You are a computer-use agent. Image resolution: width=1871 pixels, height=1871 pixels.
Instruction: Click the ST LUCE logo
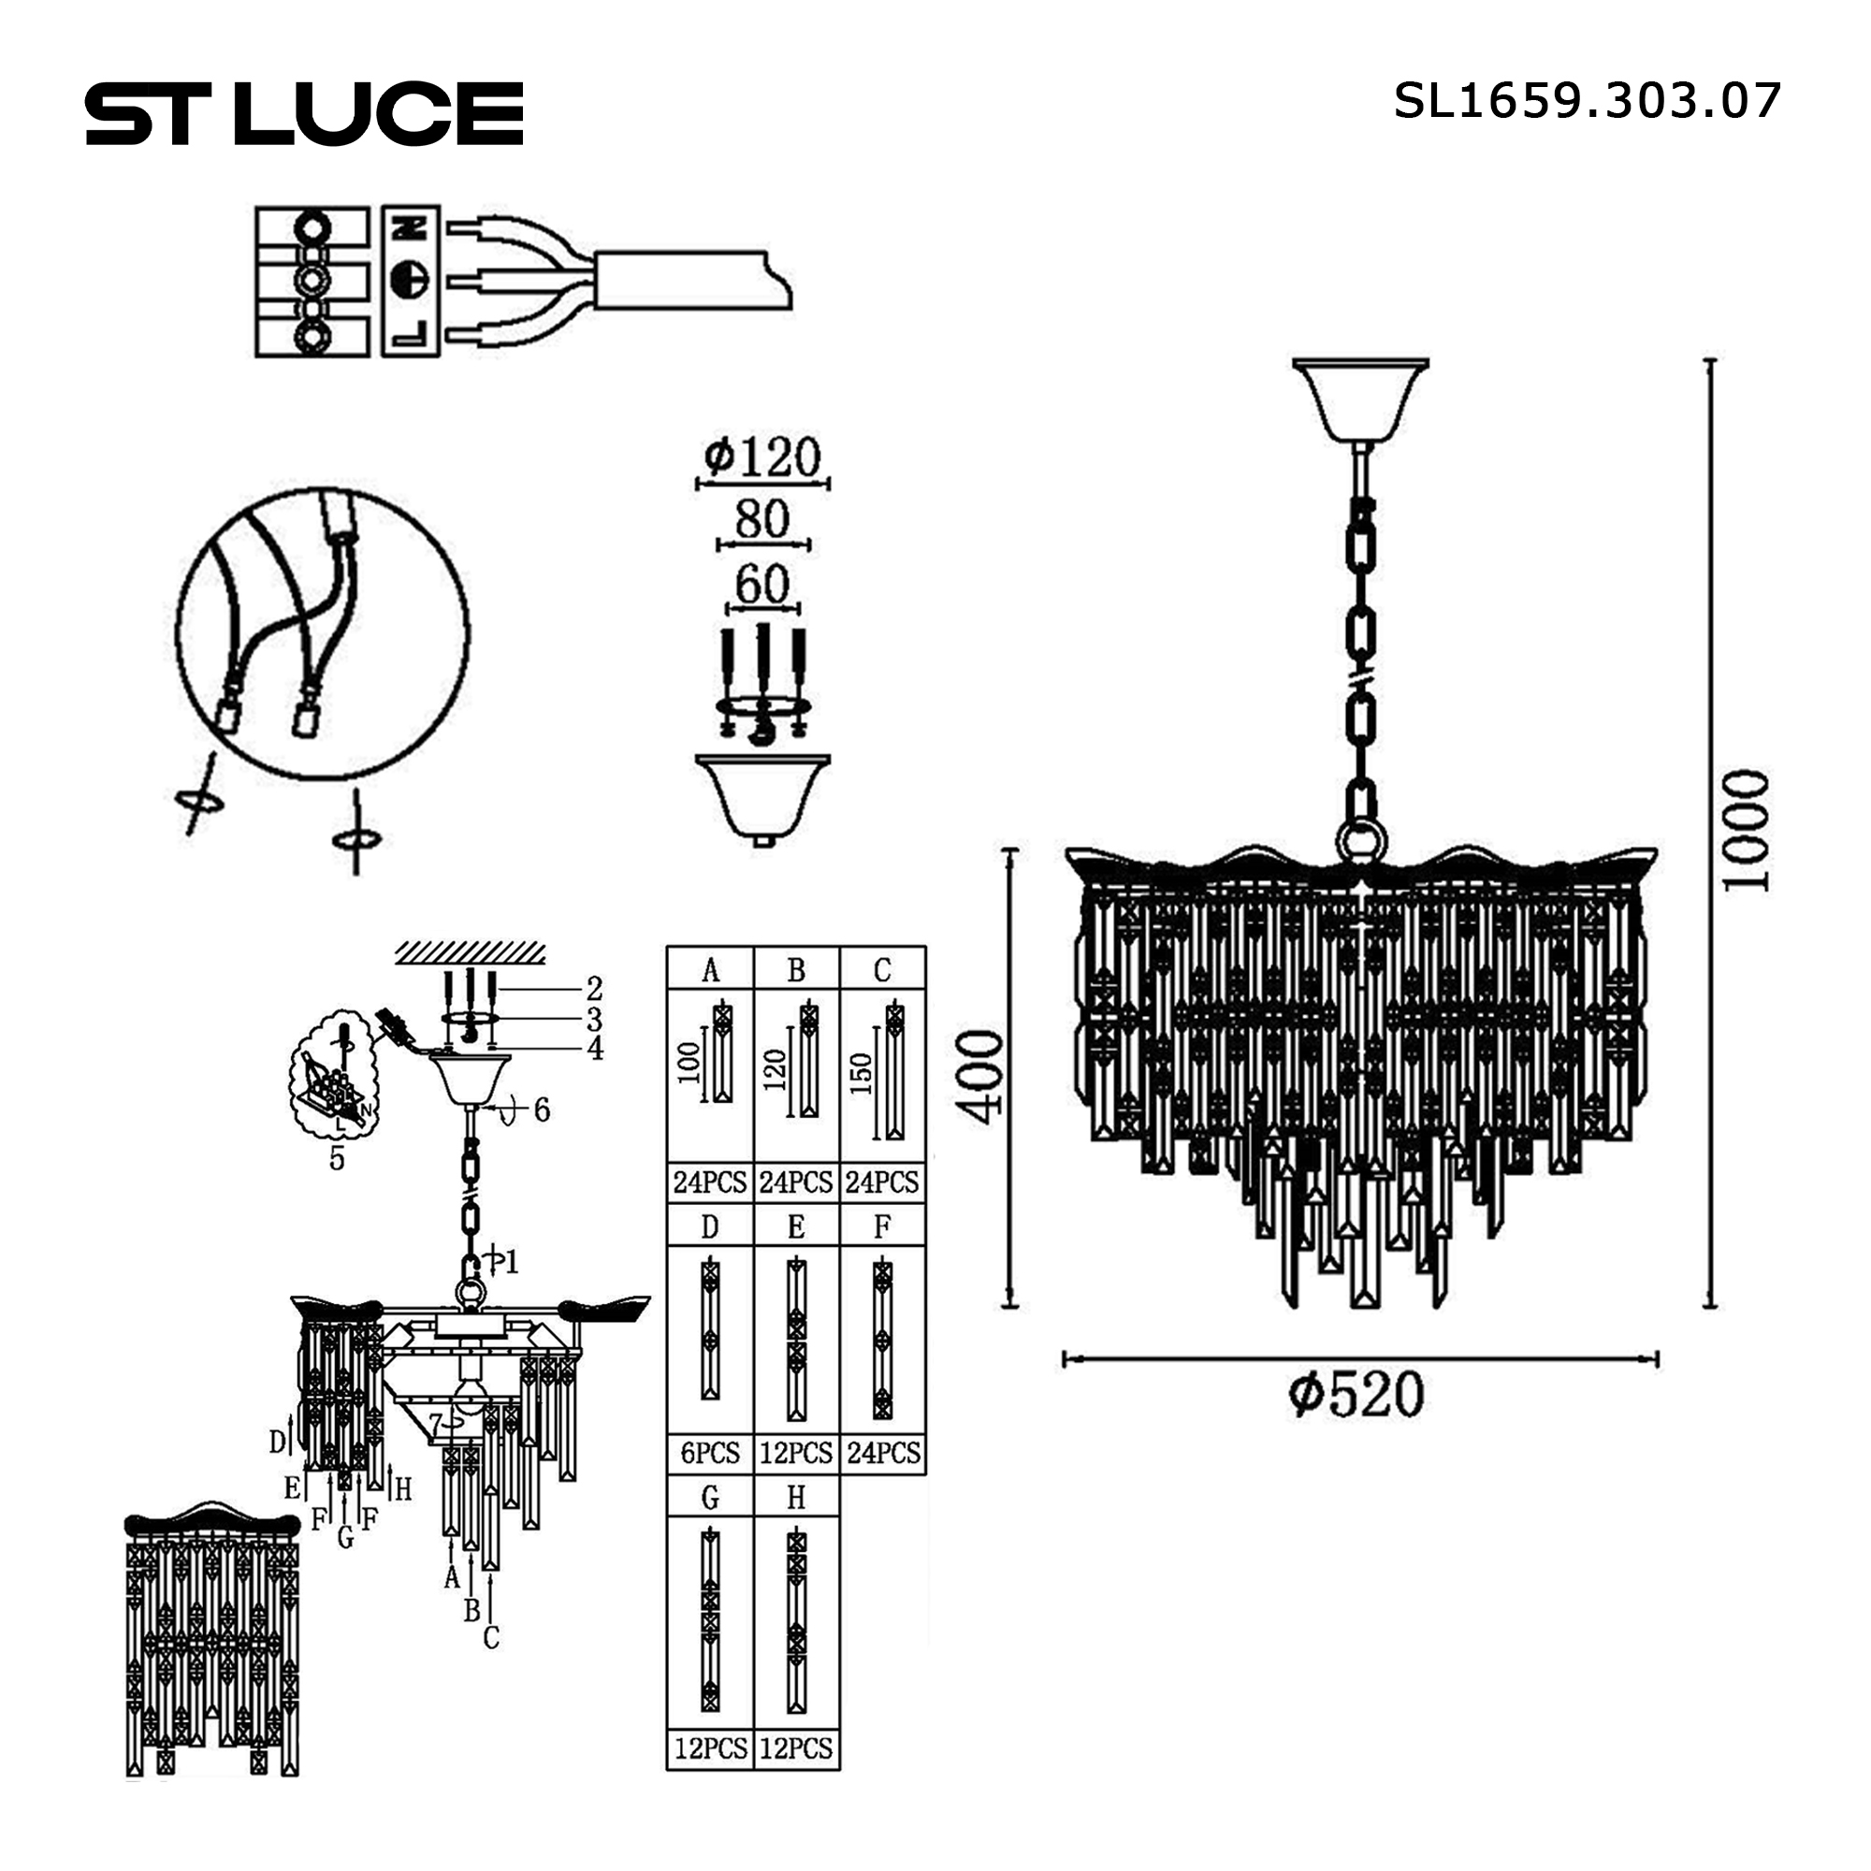coord(304,113)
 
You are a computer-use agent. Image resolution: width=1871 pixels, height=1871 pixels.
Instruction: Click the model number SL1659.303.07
coord(1587,101)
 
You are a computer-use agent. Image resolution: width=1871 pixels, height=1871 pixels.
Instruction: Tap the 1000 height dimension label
coord(1746,830)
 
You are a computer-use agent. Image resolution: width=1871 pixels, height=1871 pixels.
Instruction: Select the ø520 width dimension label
coord(1356,1396)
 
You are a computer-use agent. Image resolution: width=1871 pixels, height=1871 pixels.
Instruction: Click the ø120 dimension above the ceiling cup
coord(762,457)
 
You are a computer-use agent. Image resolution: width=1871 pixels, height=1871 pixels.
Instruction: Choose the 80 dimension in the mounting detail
coord(762,520)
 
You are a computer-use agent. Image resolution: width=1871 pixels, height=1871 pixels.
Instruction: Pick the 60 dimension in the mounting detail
coord(762,585)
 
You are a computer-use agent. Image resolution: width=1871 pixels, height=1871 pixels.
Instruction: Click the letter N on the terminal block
coord(412,229)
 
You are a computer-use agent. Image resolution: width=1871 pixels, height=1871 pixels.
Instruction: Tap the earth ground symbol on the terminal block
coord(411,280)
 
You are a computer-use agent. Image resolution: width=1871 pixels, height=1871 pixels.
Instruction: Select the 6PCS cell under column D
coord(710,1453)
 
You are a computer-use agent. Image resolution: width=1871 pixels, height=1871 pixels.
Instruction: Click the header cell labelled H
coord(796,1497)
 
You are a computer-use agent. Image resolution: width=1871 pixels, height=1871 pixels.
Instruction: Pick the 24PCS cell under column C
coord(882,1182)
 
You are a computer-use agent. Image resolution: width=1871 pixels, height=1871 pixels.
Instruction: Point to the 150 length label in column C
coord(862,1074)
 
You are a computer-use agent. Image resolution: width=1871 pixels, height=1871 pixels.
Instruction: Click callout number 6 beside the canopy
coord(542,1110)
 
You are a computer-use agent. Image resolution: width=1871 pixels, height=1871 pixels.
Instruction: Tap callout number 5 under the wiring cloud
coord(337,1158)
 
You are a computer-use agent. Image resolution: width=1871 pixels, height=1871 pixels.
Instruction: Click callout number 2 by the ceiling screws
coord(594,989)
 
